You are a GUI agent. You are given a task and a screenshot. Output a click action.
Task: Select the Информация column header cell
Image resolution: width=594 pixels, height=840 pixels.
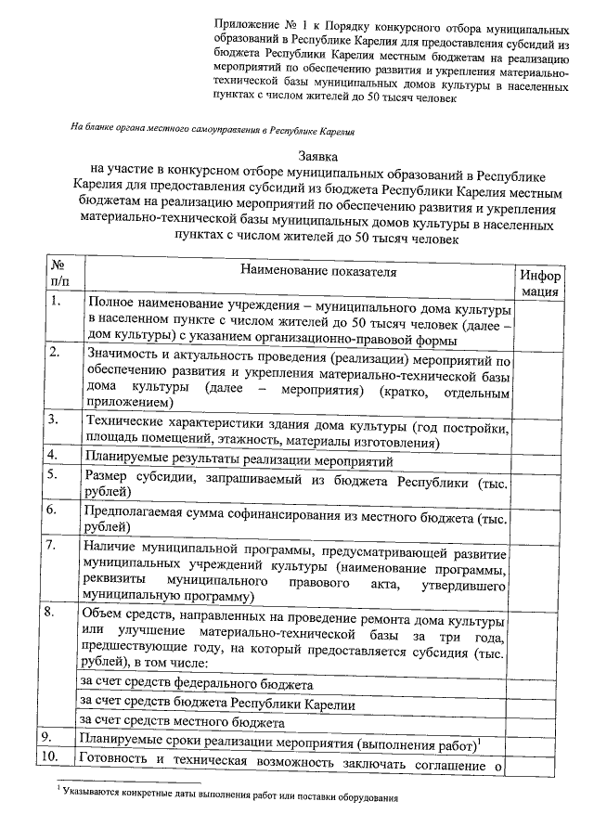point(539,282)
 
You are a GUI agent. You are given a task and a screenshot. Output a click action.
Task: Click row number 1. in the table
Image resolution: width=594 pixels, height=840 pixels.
point(57,301)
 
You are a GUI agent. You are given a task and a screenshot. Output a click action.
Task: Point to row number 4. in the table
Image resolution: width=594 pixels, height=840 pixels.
point(57,455)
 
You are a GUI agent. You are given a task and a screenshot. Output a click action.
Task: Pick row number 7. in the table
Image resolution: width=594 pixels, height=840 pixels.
point(57,543)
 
